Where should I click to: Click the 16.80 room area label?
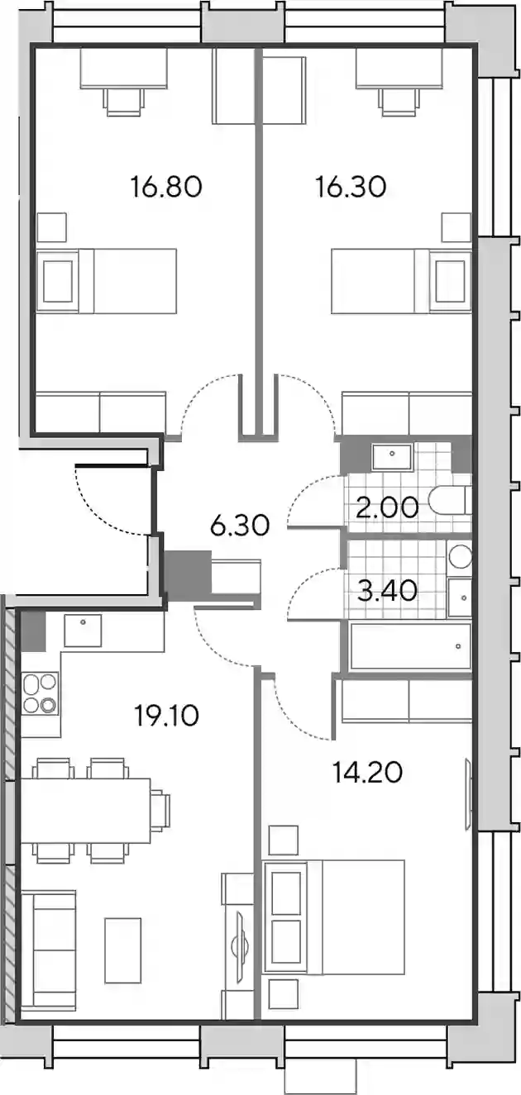[x=166, y=187]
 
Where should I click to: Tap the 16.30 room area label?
[x=351, y=187]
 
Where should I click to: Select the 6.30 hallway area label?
[x=240, y=526]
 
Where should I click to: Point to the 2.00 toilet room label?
[x=387, y=507]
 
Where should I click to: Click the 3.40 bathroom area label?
[x=387, y=590]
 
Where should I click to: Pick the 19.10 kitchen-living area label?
[x=166, y=717]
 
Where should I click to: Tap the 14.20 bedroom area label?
[x=367, y=773]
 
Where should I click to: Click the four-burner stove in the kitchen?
[x=41, y=693]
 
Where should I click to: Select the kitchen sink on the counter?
[x=84, y=631]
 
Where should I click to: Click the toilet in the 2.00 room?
[x=450, y=500]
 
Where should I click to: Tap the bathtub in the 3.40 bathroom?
[x=410, y=646]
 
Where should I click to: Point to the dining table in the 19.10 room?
[x=86, y=811]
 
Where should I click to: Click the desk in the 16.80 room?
[x=124, y=68]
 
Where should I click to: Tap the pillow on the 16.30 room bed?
[x=450, y=281]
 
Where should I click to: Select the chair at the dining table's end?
[x=160, y=810]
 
